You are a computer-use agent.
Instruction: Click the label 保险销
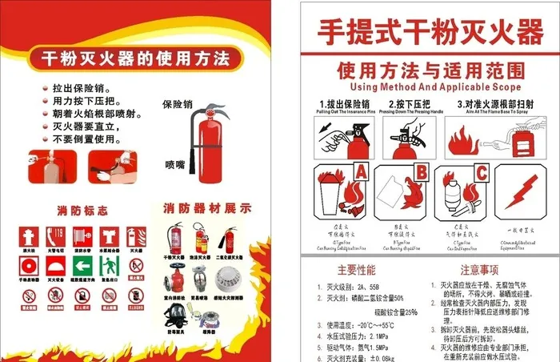[x=177, y=104]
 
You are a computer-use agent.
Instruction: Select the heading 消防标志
[x=82, y=211]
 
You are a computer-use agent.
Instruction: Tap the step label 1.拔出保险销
[x=343, y=104]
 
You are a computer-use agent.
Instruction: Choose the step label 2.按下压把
[x=409, y=104]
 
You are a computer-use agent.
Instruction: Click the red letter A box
[x=360, y=172]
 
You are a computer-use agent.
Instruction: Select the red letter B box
[x=421, y=172]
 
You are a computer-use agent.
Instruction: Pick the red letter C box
[x=482, y=172]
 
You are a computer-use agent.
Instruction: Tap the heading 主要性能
[x=356, y=270]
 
